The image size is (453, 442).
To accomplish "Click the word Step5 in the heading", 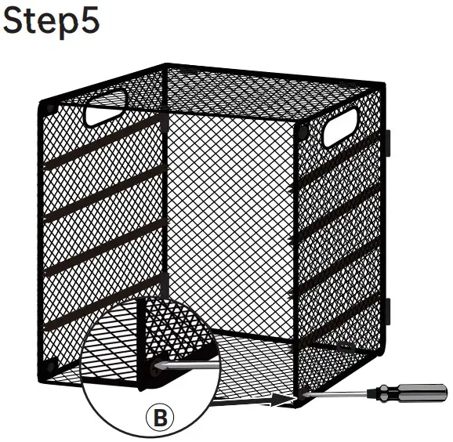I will point(51,20).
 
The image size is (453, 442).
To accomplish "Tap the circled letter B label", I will point(161,418).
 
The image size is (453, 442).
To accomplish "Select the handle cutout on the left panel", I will point(106,107).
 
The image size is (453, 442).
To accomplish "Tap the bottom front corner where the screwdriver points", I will point(295,399).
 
